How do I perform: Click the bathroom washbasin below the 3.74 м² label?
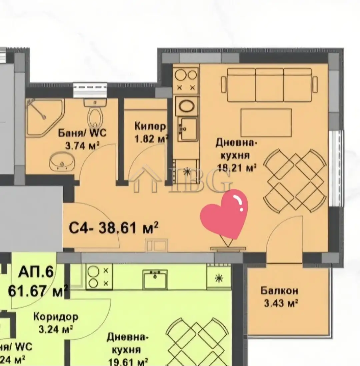coord(62,162)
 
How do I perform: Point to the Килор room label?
coord(150,126)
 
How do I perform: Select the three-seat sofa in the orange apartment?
coord(269,85)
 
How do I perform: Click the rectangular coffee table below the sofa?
coord(266,122)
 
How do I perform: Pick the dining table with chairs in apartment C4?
coord(295,180)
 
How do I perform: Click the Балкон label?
coord(279,291)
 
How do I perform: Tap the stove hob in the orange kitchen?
coord(186,80)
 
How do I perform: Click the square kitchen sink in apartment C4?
coord(188,129)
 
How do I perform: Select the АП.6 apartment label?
coord(36,272)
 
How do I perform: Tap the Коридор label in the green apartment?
coord(56,317)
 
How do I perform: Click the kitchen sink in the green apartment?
coord(155,279)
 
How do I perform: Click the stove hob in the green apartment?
coord(99,277)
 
